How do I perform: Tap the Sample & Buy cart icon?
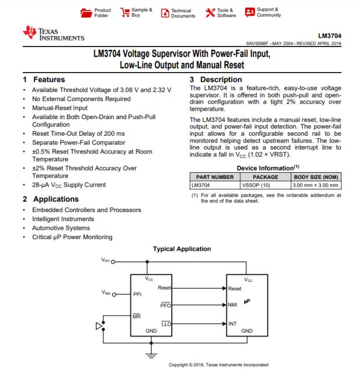[x=124, y=12]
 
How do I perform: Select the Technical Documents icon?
[x=163, y=12]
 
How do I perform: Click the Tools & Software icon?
[x=209, y=12]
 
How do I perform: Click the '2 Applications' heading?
[x=50, y=199]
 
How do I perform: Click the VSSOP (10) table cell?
[x=256, y=185]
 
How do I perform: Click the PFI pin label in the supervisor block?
[x=138, y=294]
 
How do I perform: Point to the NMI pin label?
[x=233, y=305]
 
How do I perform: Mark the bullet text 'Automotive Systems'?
[x=61, y=228]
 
